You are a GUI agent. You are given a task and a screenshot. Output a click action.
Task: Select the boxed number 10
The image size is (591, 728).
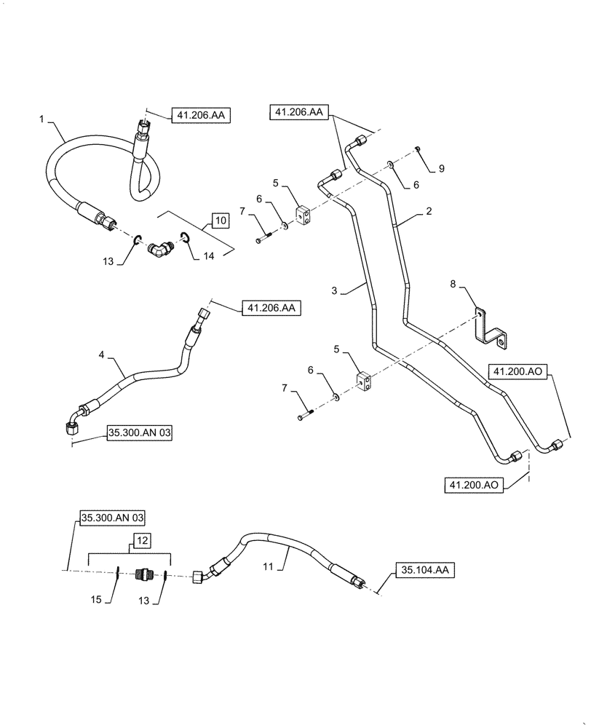point(219,219)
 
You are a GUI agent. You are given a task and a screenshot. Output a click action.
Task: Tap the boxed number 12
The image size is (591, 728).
point(141,541)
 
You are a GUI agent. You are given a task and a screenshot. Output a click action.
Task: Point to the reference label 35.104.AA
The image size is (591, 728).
point(424,570)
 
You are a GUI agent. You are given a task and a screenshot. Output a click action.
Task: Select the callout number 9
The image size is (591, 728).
point(440,168)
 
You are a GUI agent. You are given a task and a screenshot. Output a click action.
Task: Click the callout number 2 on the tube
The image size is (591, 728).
point(430,212)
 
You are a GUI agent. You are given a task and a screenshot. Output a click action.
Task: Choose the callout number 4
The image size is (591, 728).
point(102,355)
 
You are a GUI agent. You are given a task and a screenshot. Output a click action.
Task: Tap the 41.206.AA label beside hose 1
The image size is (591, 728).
point(200,114)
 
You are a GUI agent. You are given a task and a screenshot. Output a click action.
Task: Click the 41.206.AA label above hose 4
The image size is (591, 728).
point(271,309)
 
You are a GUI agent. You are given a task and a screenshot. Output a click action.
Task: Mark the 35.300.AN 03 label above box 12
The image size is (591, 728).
point(112,518)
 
